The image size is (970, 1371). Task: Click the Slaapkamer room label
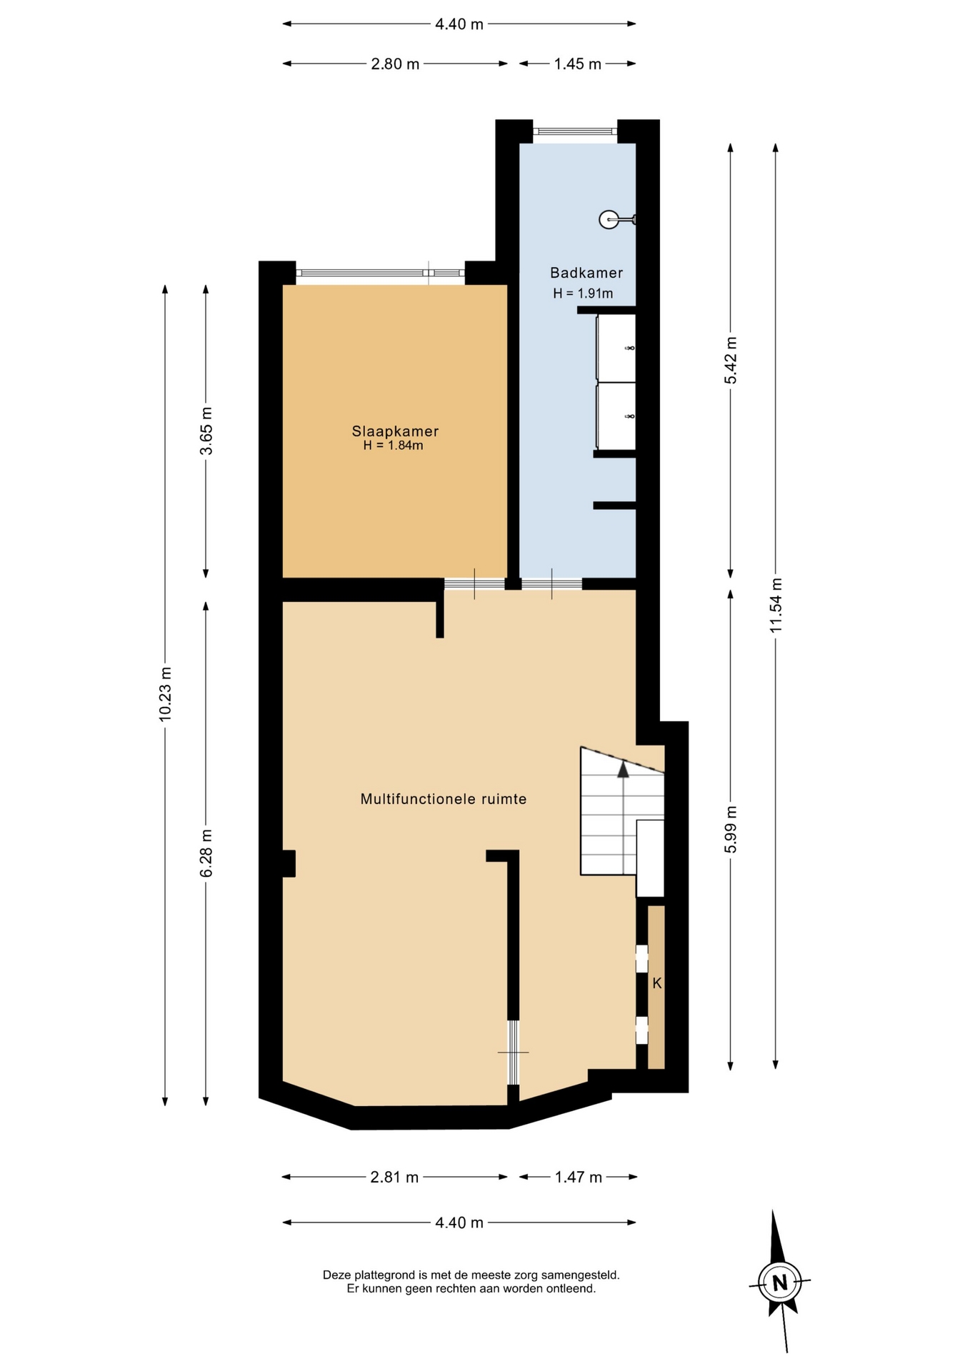(395, 431)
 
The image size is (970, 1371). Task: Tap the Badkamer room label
(586, 273)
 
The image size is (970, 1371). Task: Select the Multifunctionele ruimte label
(444, 799)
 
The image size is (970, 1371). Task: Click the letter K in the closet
(657, 983)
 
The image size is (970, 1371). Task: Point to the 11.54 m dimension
(776, 605)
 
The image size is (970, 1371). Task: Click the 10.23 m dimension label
(166, 694)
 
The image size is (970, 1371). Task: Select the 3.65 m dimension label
(206, 431)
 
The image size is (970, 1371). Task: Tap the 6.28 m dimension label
(206, 853)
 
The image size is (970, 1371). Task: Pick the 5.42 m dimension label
(731, 360)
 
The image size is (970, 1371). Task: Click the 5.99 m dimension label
(731, 829)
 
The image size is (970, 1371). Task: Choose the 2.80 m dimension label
(395, 64)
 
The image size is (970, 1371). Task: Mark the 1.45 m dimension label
(578, 64)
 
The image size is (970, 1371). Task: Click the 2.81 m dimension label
(394, 1177)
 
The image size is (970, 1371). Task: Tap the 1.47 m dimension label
(579, 1177)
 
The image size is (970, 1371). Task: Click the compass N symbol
(779, 1283)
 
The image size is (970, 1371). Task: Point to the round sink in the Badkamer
(609, 220)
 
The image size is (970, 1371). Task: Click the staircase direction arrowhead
(624, 769)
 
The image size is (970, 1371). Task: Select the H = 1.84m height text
(393, 446)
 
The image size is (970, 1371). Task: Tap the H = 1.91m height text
(583, 293)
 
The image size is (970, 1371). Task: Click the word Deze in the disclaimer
(337, 1275)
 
